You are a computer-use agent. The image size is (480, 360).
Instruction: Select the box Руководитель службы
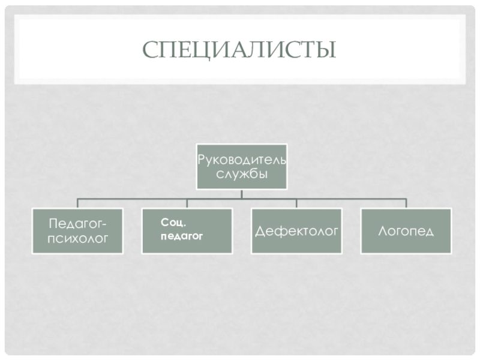click(242, 166)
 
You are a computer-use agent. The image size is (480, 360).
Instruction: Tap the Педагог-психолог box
click(78, 230)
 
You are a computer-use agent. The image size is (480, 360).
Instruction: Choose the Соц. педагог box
click(187, 230)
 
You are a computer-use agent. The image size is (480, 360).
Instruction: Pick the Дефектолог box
click(296, 230)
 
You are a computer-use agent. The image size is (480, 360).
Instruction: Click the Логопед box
click(406, 230)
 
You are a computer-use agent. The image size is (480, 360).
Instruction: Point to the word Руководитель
click(242, 160)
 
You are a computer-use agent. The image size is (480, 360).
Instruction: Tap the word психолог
click(78, 238)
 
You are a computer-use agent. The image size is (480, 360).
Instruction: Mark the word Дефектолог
click(296, 230)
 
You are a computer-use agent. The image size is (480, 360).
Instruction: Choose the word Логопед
click(406, 230)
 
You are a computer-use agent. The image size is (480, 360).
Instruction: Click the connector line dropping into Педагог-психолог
click(77, 203)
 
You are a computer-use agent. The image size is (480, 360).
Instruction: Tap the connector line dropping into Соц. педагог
click(187, 203)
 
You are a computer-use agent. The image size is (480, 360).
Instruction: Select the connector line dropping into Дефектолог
click(296, 203)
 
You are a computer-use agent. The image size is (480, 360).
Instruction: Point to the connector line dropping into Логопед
click(406, 203)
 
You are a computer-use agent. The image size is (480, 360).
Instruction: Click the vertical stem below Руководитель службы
click(242, 193)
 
